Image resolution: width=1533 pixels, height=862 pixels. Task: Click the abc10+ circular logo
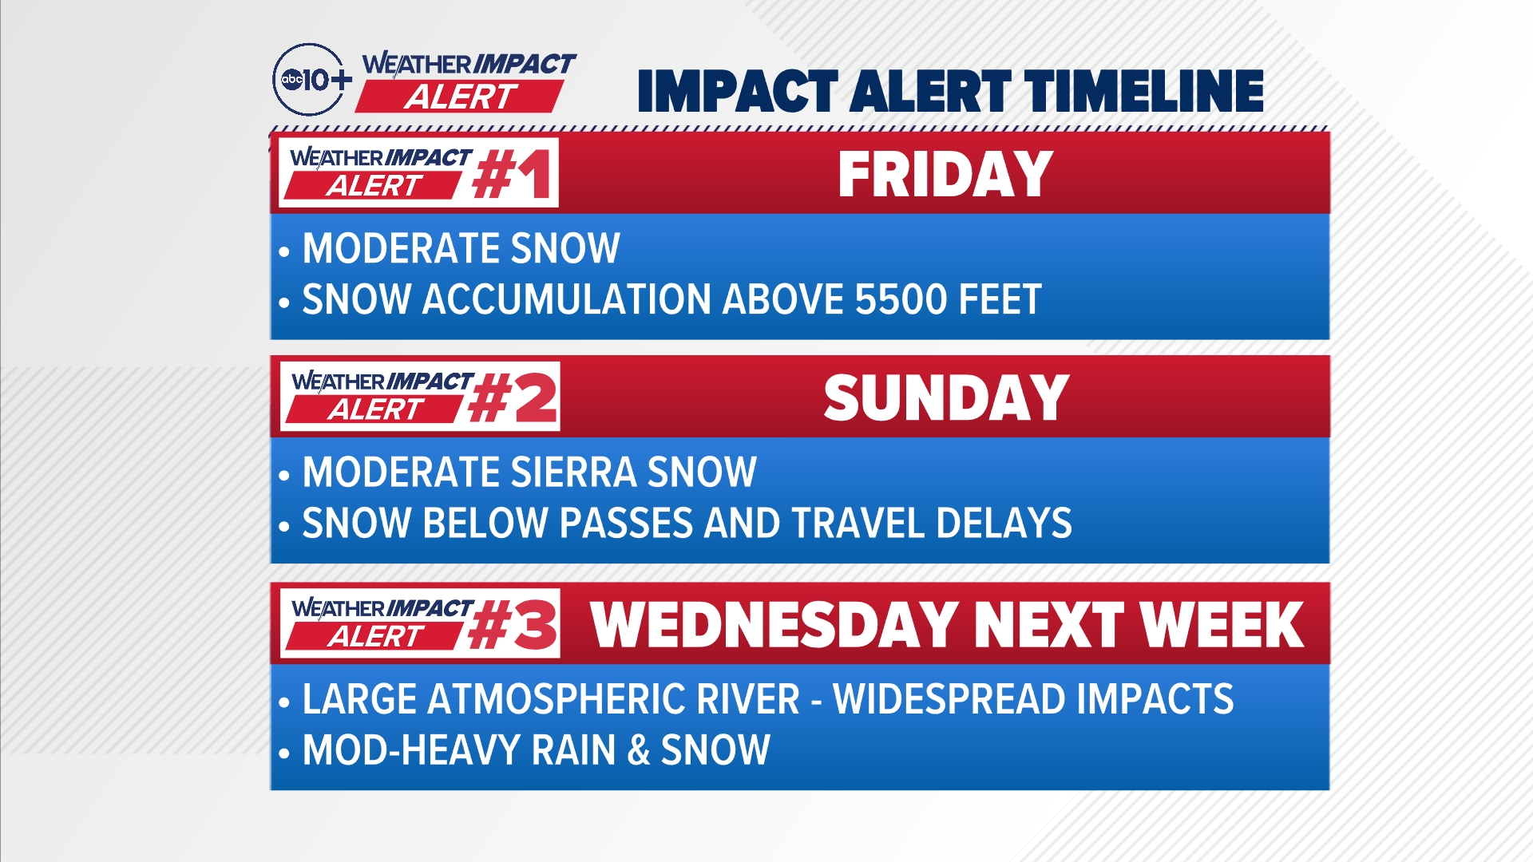pyautogui.click(x=311, y=80)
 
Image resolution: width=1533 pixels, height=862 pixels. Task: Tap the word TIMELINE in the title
pyautogui.click(x=1144, y=90)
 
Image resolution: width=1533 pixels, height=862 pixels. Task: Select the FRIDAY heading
pyautogui.click(x=945, y=175)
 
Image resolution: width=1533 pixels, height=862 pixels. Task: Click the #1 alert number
pyautogui.click(x=512, y=174)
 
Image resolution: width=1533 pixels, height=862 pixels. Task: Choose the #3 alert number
pyautogui.click(x=513, y=625)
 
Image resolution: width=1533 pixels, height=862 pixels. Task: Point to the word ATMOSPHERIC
pyautogui.click(x=614, y=699)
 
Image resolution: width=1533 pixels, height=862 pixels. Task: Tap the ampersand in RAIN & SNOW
pyautogui.click(x=639, y=751)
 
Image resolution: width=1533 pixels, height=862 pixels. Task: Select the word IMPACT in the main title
pyautogui.click(x=738, y=90)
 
